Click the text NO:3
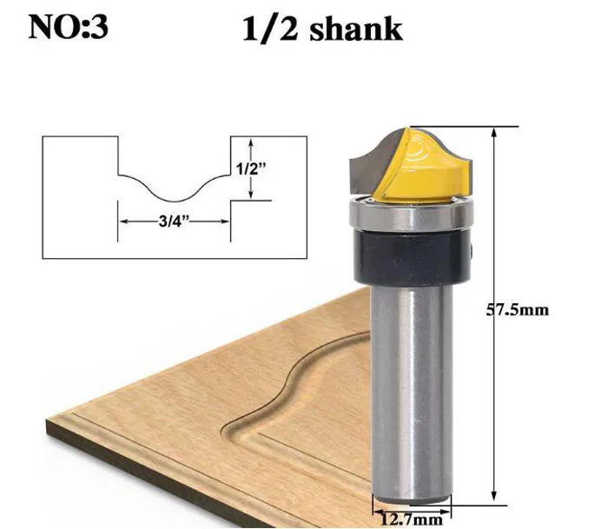69,27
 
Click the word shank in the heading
356,29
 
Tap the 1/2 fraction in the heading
270,30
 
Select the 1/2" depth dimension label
251,169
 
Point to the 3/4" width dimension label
174,221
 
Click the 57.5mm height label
518,310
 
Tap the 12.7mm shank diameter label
412,519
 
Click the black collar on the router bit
413,257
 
